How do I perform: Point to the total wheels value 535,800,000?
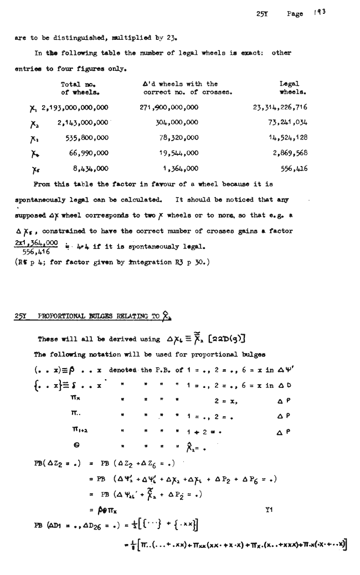point(83,138)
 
